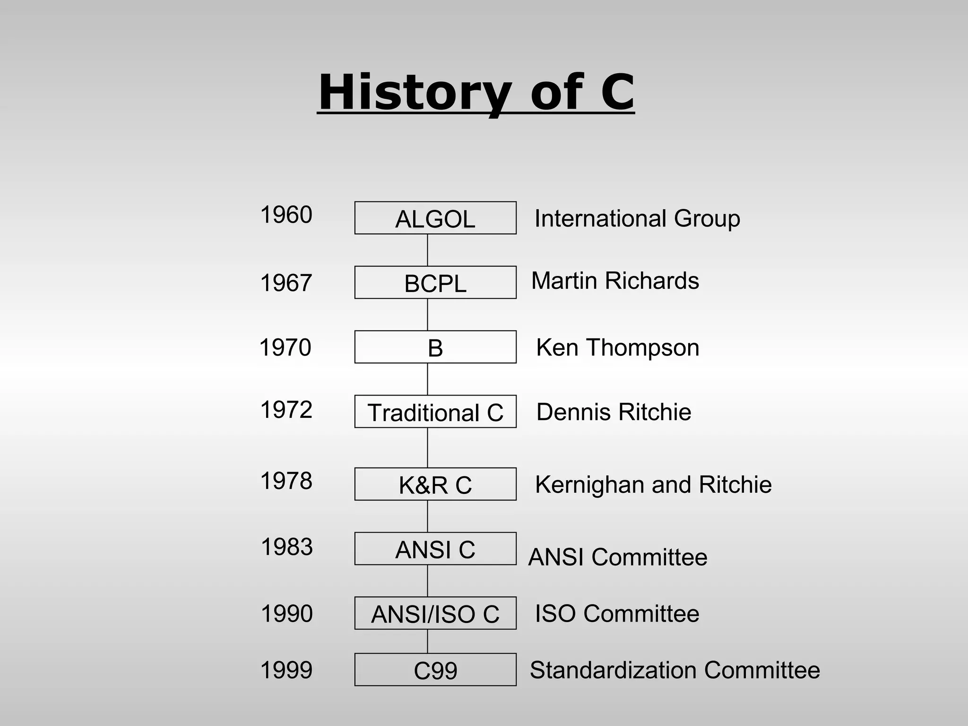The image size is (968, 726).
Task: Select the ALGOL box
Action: [435, 218]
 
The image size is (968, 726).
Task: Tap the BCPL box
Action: [435, 283]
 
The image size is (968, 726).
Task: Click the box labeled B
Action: [435, 347]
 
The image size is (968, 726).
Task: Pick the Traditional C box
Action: [435, 412]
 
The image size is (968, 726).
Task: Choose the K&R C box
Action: [435, 484]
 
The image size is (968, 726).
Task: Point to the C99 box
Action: [435, 670]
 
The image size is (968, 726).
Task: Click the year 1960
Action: [286, 215]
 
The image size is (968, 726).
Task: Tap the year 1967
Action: [286, 283]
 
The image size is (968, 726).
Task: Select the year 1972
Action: [286, 410]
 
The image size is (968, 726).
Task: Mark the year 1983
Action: [287, 547]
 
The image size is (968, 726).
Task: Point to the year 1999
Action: [286, 670]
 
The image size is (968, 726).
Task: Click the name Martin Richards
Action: [615, 281]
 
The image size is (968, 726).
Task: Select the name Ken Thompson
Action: [617, 348]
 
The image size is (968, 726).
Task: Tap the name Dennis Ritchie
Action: [614, 412]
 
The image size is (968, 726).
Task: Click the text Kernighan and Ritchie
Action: [653, 485]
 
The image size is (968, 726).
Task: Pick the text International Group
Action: [637, 219]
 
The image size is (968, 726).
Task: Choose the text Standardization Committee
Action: [674, 670]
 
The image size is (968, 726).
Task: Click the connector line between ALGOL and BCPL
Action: [428, 250]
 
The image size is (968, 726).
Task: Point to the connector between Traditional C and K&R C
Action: [428, 448]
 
